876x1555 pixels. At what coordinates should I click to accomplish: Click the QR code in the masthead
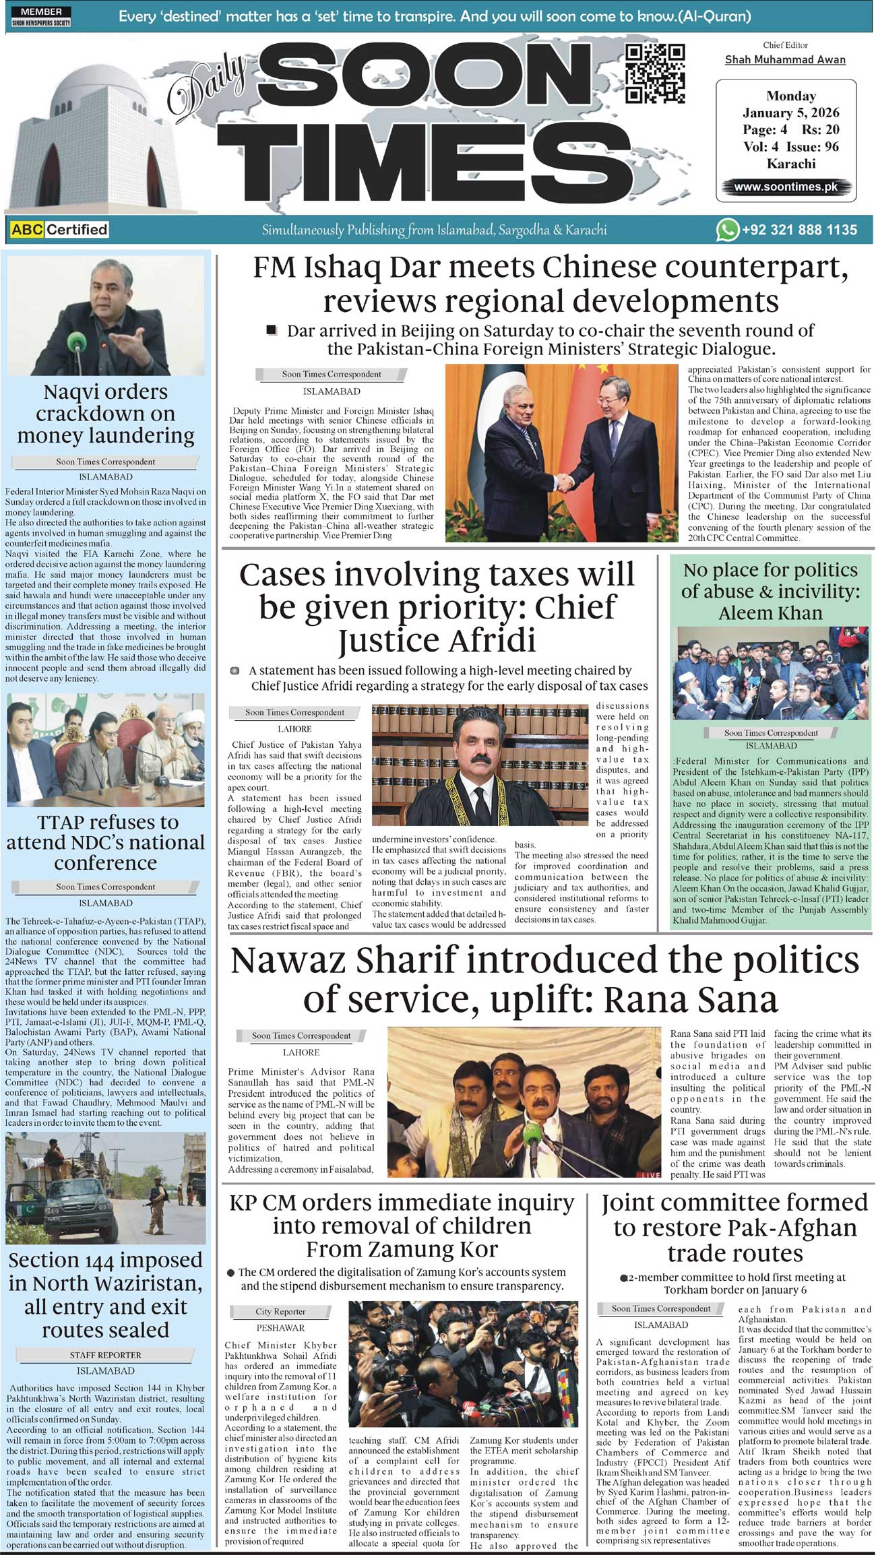point(655,73)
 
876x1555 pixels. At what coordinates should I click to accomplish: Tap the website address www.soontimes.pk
point(786,187)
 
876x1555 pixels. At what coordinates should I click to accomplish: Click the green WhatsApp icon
point(727,230)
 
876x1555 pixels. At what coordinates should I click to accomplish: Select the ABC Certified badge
point(59,230)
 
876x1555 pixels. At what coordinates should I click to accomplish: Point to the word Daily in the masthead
point(208,86)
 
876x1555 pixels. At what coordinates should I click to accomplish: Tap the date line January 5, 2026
point(791,113)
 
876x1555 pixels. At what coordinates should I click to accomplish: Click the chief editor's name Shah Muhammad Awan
point(785,60)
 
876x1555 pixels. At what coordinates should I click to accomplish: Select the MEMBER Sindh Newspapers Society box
point(41,17)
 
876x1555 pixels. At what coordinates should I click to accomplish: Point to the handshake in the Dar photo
point(561,482)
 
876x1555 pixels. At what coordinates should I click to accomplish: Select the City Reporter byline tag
point(280,1312)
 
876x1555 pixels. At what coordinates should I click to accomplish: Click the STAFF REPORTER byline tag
point(106,1355)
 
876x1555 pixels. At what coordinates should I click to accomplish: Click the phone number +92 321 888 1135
point(799,230)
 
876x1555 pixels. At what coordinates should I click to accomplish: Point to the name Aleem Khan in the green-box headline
point(770,613)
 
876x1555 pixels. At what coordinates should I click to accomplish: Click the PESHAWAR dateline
point(280,1328)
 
